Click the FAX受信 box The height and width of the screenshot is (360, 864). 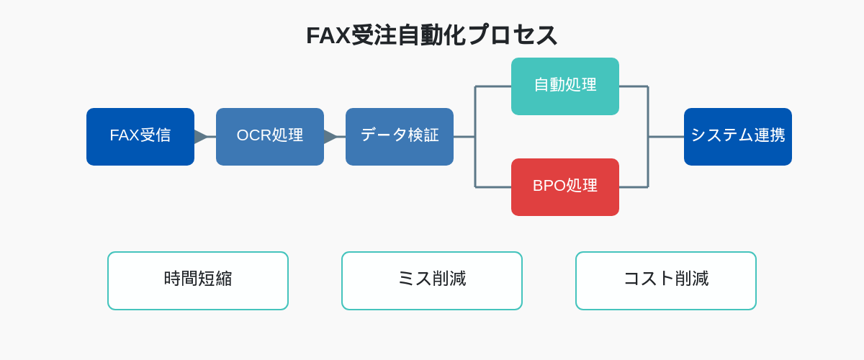click(x=140, y=137)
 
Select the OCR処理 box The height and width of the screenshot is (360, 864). click(x=270, y=137)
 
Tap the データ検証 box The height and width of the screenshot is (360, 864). click(x=400, y=137)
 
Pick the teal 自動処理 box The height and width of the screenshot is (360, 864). click(x=565, y=86)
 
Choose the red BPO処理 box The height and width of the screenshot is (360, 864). click(x=565, y=187)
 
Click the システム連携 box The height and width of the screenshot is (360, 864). click(x=738, y=137)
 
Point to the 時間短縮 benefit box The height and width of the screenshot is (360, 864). click(x=198, y=281)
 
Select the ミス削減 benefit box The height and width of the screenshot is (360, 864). click(x=432, y=281)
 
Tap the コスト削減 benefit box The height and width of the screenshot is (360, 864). click(x=666, y=281)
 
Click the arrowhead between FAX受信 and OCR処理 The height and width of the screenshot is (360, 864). click(x=201, y=137)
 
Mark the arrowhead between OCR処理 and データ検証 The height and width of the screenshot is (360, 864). click(x=330, y=137)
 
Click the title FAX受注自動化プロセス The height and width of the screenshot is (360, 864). click(x=431, y=35)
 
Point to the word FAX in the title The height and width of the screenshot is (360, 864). click(x=328, y=35)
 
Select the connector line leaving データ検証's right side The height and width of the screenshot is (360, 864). click(x=464, y=137)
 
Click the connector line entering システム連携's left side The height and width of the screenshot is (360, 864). click(x=666, y=137)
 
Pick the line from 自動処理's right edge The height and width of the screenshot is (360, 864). click(x=634, y=86)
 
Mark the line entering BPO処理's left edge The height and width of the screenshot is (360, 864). click(x=493, y=187)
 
